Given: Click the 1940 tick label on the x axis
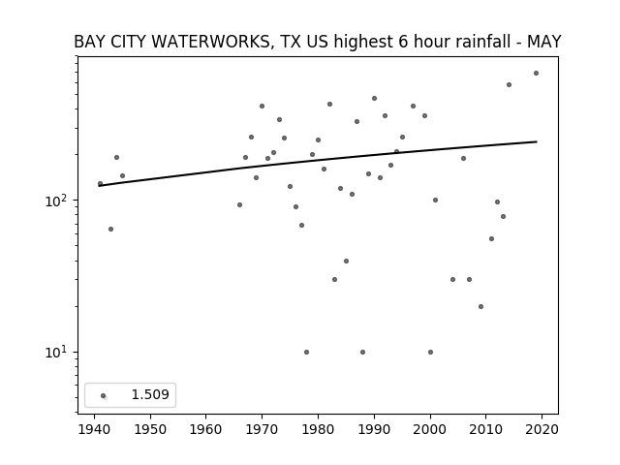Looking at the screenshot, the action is [x=95, y=429].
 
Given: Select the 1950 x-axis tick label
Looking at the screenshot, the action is [x=150, y=429].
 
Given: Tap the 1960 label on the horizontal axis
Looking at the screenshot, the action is [x=206, y=429].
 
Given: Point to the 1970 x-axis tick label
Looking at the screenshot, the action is [x=263, y=429].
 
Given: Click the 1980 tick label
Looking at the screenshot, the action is [x=318, y=429].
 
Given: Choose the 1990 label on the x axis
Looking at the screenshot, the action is [x=374, y=429].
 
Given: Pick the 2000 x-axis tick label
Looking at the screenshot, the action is [x=430, y=429].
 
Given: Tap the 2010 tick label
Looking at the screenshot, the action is [x=486, y=429].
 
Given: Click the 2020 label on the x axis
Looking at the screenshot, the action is [x=542, y=429].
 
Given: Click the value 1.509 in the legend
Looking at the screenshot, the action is [x=150, y=394].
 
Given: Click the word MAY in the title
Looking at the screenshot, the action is [x=544, y=42].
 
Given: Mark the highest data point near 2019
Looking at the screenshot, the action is [x=536, y=74].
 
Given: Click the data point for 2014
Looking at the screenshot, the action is [x=509, y=85].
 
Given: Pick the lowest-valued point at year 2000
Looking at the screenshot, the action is [x=430, y=353].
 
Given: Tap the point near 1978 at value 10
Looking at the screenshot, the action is [x=306, y=353].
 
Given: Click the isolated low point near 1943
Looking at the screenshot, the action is [x=110, y=230].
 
